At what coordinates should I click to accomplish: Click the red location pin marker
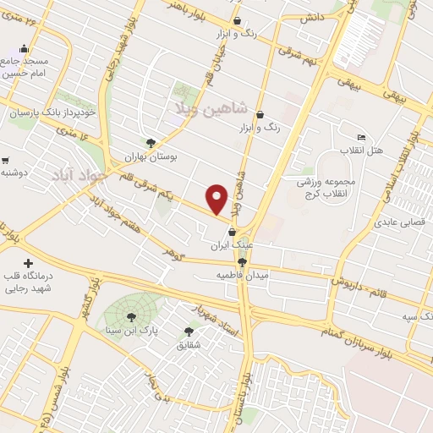(x=218, y=198)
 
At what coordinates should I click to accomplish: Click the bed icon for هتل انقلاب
(x=362, y=137)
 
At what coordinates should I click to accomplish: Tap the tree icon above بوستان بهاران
(x=151, y=143)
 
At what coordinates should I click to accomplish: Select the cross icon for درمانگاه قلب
(x=29, y=265)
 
